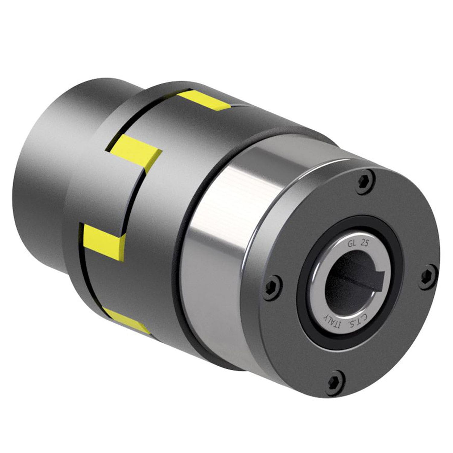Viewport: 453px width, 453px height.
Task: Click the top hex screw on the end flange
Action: click(x=364, y=180)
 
